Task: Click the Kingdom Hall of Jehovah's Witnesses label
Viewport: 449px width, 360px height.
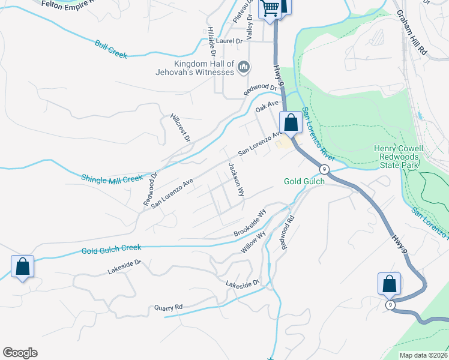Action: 203,68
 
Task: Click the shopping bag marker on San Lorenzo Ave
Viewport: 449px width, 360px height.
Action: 291,123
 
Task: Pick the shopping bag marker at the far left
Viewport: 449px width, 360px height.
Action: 22,267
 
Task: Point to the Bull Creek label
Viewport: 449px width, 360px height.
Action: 111,49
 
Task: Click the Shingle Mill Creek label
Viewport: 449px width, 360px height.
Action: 112,178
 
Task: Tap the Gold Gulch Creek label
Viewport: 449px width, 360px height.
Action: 112,248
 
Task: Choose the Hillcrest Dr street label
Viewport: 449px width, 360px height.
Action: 179,128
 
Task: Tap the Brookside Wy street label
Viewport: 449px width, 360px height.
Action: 250,223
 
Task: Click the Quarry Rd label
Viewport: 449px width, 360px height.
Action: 168,308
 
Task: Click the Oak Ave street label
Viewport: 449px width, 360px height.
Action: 267,107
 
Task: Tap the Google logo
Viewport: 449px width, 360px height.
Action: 20,353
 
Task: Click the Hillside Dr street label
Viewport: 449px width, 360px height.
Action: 212,40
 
